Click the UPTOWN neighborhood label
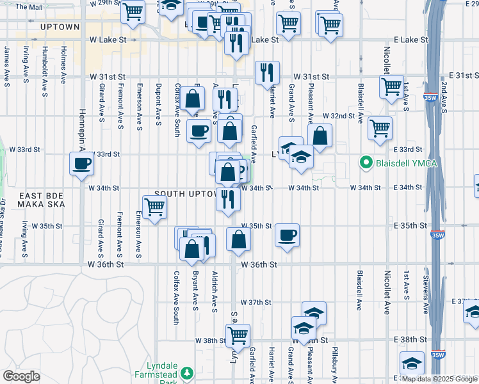pos(60,27)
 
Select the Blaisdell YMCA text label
pos(406,163)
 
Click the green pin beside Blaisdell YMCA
pos(367,163)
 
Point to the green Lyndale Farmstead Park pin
pos(187,372)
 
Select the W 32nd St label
pos(339,116)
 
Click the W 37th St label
pos(256,302)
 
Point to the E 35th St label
pos(410,226)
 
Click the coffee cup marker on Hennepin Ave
pos(82,164)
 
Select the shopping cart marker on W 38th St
pos(238,334)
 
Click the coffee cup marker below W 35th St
pos(287,235)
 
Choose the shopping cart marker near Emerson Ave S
pos(154,207)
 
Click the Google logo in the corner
pos(21,376)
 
